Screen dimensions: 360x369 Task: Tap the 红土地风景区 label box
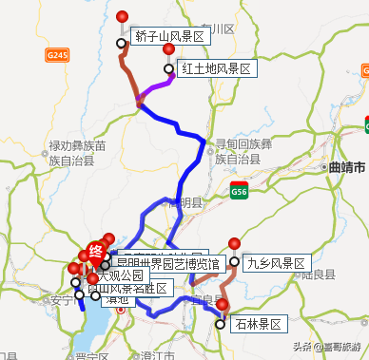pyautogui.click(x=217, y=69)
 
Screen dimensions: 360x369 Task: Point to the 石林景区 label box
pyautogui.click(x=259, y=325)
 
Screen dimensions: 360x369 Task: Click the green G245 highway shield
pyautogui.click(x=58, y=57)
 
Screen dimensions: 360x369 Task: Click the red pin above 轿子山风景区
pyautogui.click(x=121, y=16)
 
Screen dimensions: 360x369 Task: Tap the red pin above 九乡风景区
pyautogui.click(x=234, y=243)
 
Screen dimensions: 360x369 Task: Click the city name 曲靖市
pyautogui.click(x=346, y=167)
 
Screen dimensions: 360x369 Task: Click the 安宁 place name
pyautogui.click(x=59, y=300)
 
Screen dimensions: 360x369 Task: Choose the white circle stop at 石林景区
pyautogui.click(x=221, y=325)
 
